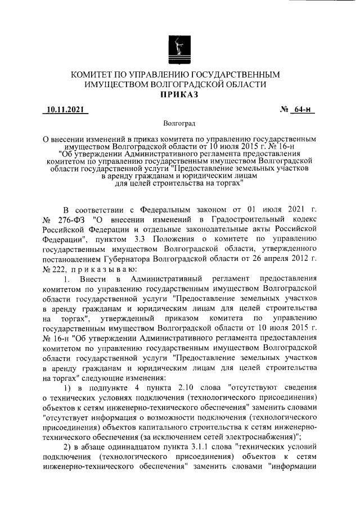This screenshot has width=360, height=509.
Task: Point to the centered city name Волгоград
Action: [178, 123]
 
